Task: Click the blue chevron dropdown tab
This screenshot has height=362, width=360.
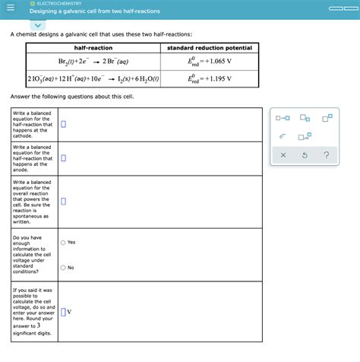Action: coord(40,24)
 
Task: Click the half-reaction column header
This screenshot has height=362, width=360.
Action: coord(93,48)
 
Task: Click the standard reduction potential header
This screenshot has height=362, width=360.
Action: coord(209,48)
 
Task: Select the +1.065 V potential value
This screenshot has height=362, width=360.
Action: coord(209,62)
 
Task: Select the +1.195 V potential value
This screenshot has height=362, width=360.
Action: coord(209,78)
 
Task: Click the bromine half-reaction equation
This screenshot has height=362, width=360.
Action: coord(93,62)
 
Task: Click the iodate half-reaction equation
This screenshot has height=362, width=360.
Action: coord(93,78)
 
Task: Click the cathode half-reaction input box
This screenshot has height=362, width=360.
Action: coord(64,124)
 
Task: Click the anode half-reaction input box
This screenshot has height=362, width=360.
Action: coord(64,158)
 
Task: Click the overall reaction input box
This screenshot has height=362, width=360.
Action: coord(64,202)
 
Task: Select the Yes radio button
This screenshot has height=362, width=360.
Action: coord(63,243)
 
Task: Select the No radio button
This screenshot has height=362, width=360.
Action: coord(63,268)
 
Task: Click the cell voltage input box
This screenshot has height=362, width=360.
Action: coord(64,312)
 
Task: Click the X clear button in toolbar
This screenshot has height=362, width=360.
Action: coord(283,156)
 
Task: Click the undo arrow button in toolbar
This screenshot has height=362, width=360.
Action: coord(305,156)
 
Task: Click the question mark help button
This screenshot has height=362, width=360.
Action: coord(326,156)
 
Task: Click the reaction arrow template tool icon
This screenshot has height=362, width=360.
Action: coord(283,117)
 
